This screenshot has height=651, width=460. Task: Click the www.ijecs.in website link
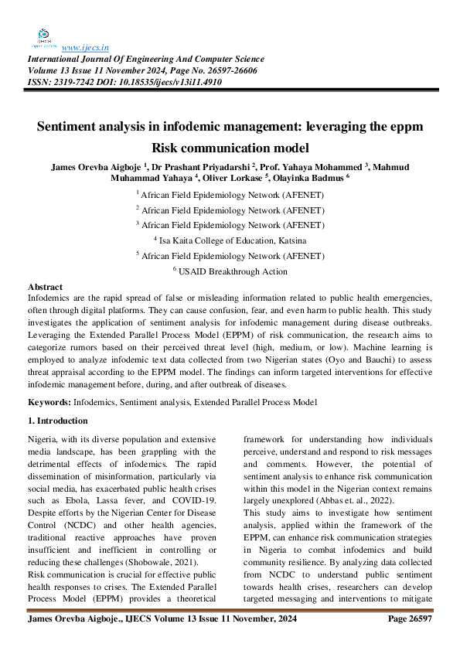[85, 46]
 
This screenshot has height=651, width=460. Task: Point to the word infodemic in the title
[200, 125]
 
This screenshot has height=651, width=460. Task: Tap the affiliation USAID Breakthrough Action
[233, 271]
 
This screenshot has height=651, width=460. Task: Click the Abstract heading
[46, 287]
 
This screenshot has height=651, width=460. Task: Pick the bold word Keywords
[49, 402]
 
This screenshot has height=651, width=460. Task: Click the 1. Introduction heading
[58, 421]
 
